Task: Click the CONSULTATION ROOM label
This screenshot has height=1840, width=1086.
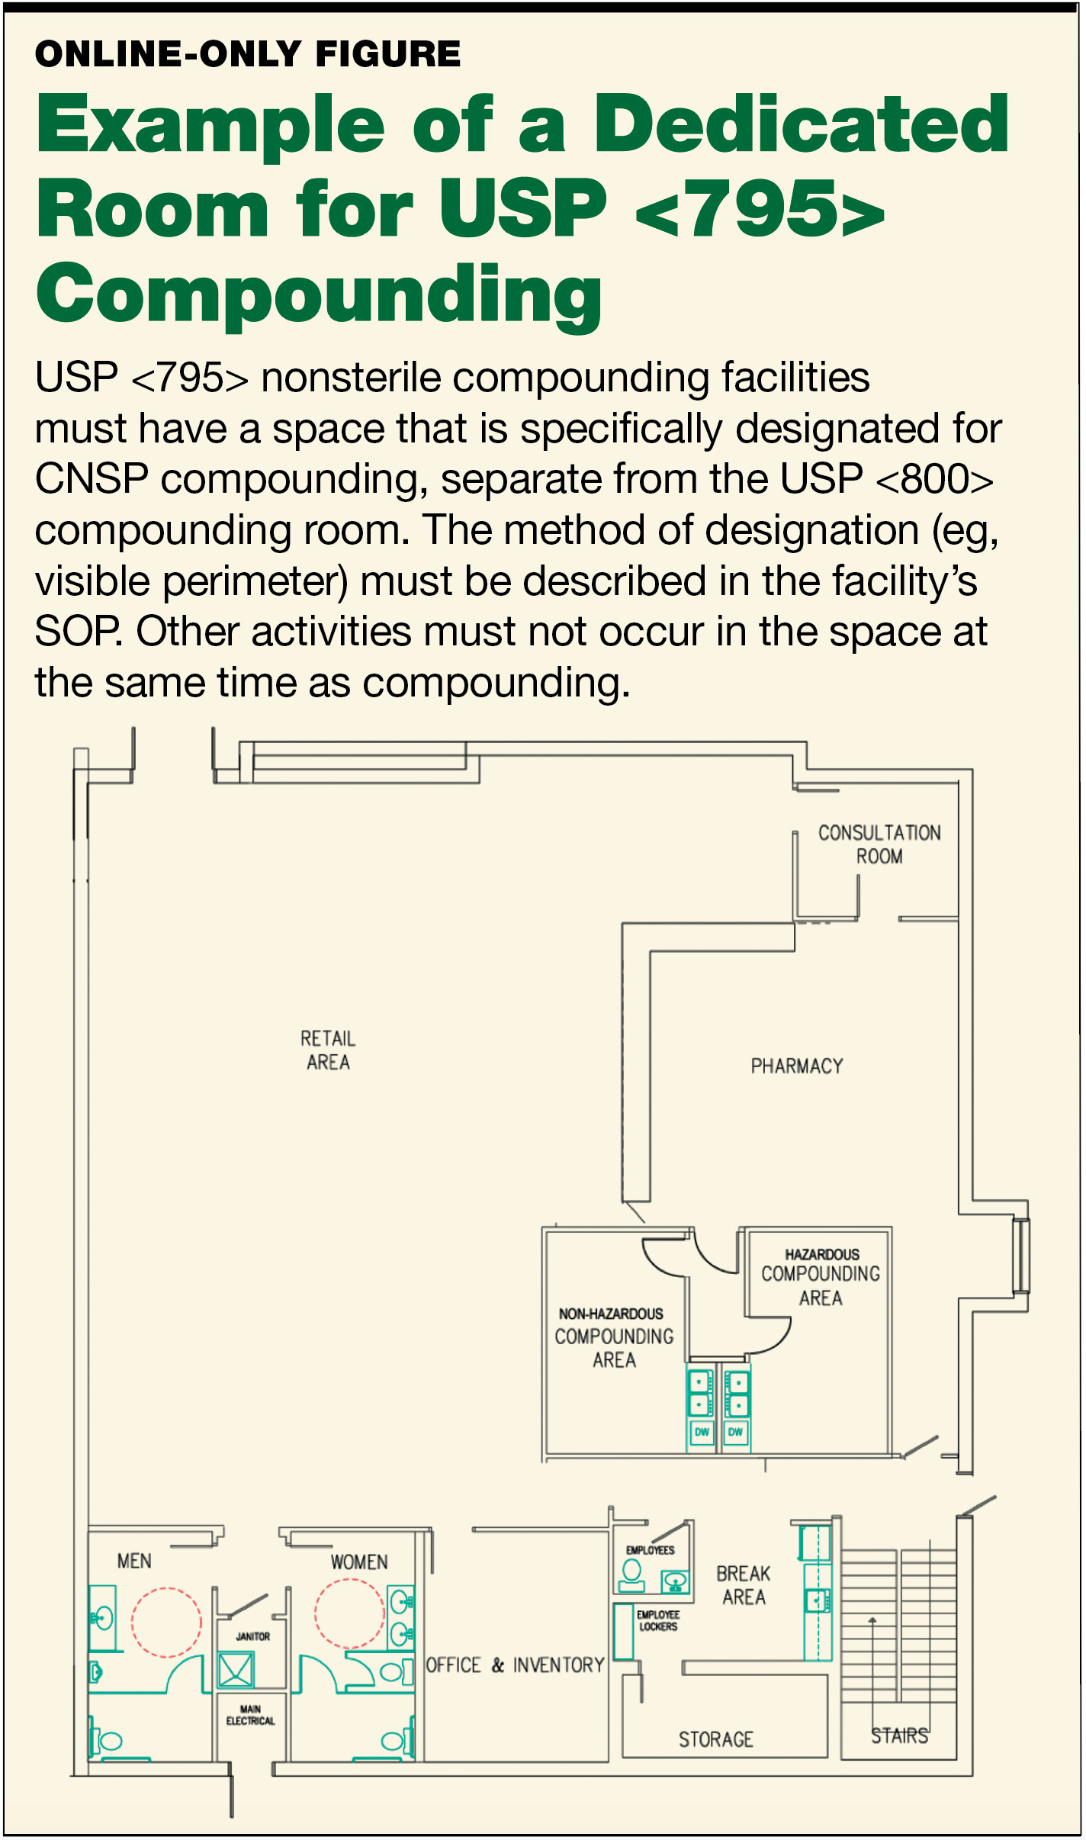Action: point(879,844)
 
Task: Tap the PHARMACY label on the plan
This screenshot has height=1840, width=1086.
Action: point(797,1066)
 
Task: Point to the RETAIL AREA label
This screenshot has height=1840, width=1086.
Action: point(328,1050)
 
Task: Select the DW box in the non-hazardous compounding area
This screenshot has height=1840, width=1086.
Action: point(702,1432)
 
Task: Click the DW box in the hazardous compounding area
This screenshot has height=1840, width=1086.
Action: point(735,1432)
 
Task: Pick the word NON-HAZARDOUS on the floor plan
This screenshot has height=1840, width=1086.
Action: point(611,1314)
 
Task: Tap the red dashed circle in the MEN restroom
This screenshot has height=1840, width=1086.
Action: point(166,1623)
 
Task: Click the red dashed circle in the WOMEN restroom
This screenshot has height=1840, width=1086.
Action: point(349,1613)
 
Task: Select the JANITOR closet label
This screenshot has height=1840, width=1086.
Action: point(252,1636)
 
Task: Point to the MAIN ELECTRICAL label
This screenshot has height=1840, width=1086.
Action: point(250,1715)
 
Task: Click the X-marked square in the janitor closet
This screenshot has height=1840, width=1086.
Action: point(236,1670)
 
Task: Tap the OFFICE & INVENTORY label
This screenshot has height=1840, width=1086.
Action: point(515,1665)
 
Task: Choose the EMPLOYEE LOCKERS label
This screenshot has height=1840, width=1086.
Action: point(658,1620)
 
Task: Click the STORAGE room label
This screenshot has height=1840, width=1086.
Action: point(716,1739)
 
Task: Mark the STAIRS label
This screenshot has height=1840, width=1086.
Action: point(900,1735)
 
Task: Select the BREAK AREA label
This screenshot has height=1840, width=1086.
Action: point(744,1585)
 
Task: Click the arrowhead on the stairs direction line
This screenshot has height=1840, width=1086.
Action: point(872,1620)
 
